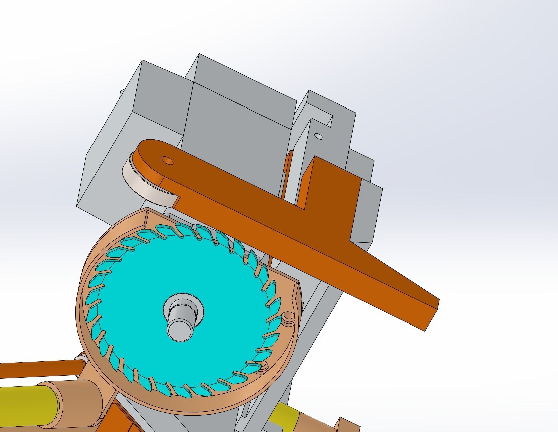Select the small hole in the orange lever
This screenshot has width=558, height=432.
[x=167, y=161]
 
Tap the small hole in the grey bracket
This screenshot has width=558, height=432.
[x=319, y=136]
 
